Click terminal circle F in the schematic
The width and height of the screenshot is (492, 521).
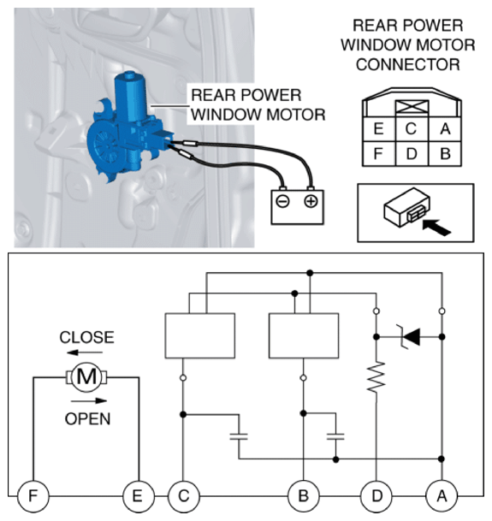(33, 496)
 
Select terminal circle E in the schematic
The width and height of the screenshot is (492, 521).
(138, 496)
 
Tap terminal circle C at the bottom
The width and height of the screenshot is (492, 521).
(183, 496)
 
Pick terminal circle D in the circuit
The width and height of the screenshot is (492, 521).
(376, 496)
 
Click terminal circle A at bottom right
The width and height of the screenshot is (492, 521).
(442, 496)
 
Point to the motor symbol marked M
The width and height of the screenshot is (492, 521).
(86, 377)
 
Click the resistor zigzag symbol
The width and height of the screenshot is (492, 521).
(376, 377)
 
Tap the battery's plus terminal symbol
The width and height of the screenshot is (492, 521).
(311, 201)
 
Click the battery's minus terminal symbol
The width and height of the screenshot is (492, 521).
(283, 201)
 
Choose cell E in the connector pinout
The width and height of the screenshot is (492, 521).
(379, 129)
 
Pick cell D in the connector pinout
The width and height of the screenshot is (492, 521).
(412, 153)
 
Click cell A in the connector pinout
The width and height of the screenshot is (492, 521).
(445, 129)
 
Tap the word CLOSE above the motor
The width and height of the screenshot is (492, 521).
(86, 337)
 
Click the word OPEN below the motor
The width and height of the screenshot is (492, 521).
(87, 418)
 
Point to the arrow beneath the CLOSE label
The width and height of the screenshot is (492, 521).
(85, 352)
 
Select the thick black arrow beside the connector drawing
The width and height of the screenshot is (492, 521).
(437, 228)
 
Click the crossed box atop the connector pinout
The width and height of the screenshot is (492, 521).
(412, 107)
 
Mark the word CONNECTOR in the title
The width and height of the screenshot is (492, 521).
(408, 64)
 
